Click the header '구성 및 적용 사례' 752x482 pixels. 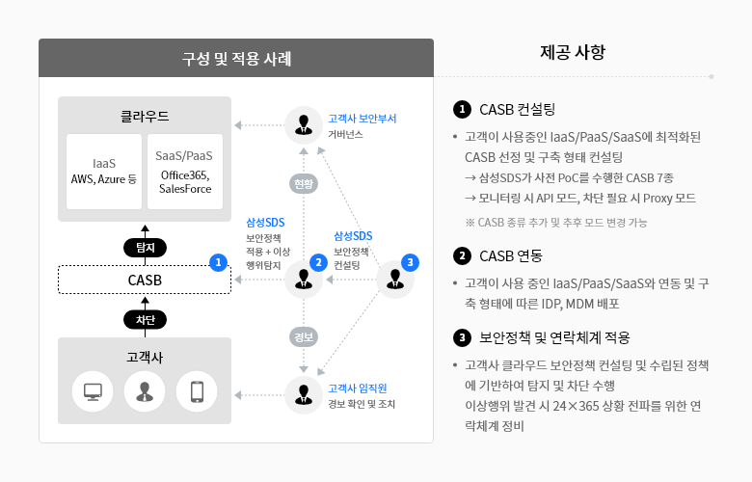(x=236, y=59)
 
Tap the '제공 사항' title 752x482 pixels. (x=573, y=52)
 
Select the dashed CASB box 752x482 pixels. (x=145, y=280)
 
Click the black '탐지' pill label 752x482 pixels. (x=145, y=248)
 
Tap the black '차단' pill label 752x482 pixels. (x=145, y=319)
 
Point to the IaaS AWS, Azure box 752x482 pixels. (x=104, y=172)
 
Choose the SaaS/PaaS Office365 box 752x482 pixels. (x=185, y=172)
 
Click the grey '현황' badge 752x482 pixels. (x=304, y=184)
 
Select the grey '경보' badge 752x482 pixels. (x=304, y=337)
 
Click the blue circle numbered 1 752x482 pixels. (x=218, y=262)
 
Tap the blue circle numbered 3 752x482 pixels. (x=410, y=262)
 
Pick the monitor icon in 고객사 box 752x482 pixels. (x=93, y=391)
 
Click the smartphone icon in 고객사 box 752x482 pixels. (x=197, y=391)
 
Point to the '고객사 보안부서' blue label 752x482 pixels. (x=363, y=119)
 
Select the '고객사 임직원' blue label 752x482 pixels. (x=358, y=388)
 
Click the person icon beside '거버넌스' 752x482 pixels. (x=304, y=124)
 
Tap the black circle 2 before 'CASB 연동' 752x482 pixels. (x=462, y=255)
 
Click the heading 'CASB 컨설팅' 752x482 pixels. (x=517, y=109)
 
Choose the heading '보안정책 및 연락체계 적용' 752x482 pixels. (x=554, y=337)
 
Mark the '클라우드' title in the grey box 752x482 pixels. (x=145, y=117)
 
